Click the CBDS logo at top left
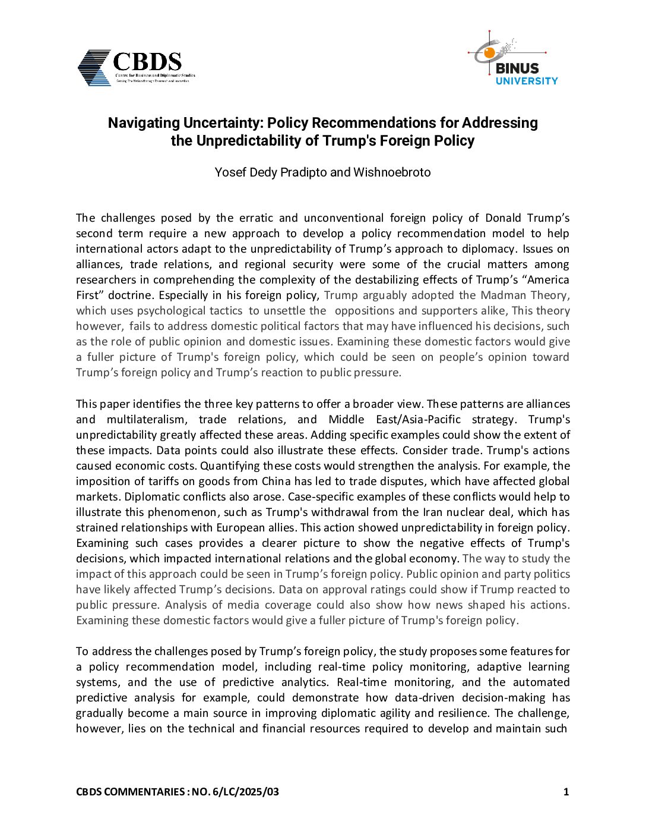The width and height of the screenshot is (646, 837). (136, 67)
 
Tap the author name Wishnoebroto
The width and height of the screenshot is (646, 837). (392, 172)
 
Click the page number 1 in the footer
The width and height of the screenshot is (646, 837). (566, 792)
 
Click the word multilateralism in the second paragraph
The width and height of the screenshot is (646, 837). (146, 420)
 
